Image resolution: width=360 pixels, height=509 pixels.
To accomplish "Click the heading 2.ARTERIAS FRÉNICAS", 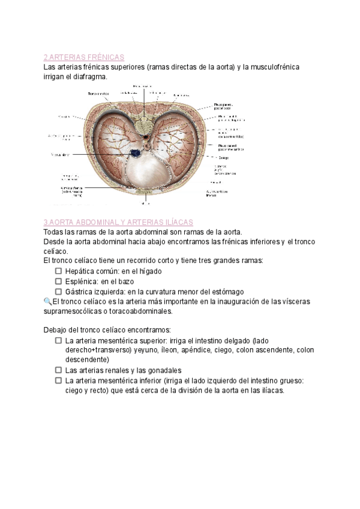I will [83, 58].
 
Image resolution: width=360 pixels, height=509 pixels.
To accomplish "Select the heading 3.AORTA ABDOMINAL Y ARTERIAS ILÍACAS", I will [118, 222].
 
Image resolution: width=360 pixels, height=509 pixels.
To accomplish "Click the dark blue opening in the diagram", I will [137, 154].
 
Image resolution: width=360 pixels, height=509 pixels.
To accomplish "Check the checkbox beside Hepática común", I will [59, 271].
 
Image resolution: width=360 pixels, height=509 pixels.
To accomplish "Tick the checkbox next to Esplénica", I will [59, 281].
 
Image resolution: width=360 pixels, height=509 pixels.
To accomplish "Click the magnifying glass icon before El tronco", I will [48, 301].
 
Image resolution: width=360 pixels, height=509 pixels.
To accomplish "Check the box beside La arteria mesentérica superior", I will [59, 340].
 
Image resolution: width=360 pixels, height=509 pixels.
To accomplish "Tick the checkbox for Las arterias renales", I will [59, 370].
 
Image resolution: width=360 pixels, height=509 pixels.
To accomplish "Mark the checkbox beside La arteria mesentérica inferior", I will [59, 381].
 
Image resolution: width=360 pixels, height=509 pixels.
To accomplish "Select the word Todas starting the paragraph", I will [55, 232].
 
